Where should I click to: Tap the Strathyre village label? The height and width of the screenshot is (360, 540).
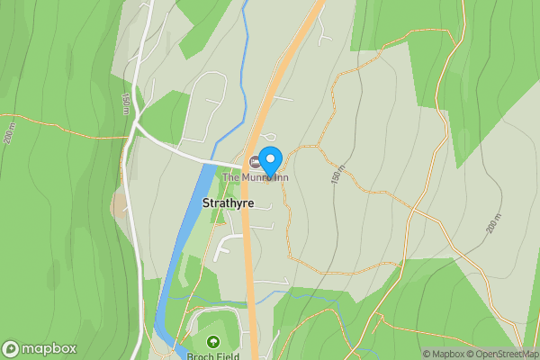(229, 203)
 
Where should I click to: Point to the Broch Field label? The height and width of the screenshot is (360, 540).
(212, 355)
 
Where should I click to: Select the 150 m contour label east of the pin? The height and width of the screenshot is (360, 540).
(337, 175)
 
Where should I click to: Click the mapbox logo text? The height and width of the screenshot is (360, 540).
(49, 349)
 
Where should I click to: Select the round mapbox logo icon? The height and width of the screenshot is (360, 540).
(11, 349)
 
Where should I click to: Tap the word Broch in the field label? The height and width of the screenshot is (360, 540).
(200, 355)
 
